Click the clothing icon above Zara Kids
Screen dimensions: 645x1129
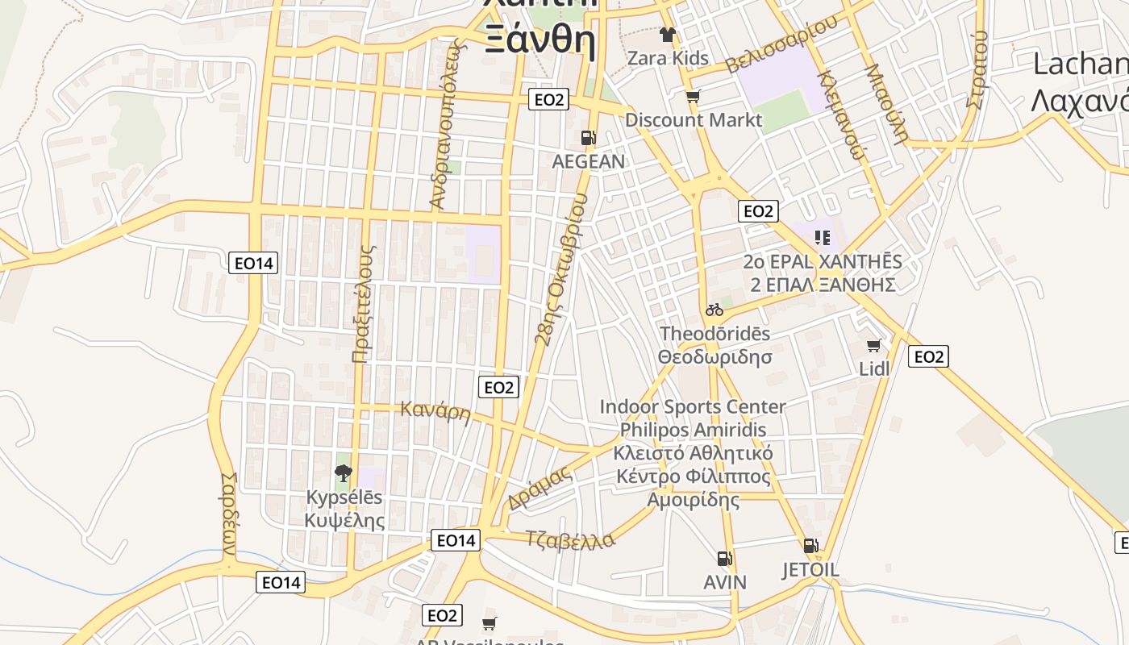click(x=668, y=34)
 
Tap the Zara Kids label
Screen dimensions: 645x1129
click(x=668, y=58)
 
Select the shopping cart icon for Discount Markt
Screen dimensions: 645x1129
click(x=693, y=97)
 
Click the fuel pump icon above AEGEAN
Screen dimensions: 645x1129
click(x=589, y=138)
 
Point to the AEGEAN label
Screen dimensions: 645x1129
click(x=588, y=161)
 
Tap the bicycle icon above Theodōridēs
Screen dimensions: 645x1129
click(x=714, y=310)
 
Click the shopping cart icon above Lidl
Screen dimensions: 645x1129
click(x=873, y=346)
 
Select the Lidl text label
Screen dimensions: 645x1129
click(x=874, y=368)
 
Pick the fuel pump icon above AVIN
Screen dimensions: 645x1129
click(x=725, y=558)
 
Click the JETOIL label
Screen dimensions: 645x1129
click(x=810, y=570)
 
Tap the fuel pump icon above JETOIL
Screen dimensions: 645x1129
click(x=810, y=546)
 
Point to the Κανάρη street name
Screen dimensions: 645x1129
click(x=435, y=412)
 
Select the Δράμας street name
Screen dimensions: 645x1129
click(x=540, y=489)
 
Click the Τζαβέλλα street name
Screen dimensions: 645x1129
click(x=569, y=539)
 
